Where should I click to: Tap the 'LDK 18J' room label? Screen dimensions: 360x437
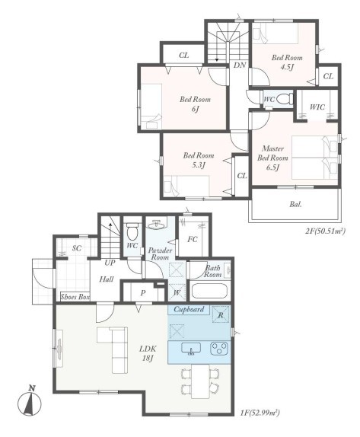pyautogui.click(x=148, y=353)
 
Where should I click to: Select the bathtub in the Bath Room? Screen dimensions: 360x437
pyautogui.click(x=209, y=291)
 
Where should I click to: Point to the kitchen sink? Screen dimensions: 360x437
pyautogui.click(x=191, y=349)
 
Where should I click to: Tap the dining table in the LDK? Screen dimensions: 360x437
pyautogui.click(x=200, y=381)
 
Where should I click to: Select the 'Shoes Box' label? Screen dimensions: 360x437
pyautogui.click(x=75, y=297)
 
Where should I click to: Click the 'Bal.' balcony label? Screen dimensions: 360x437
pyautogui.click(x=295, y=204)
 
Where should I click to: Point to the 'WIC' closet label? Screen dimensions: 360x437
pyautogui.click(x=317, y=107)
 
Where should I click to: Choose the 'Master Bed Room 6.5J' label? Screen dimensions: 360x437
pyautogui.click(x=272, y=158)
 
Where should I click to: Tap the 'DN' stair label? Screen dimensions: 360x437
pyautogui.click(x=240, y=65)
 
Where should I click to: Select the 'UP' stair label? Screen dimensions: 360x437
pyautogui.click(x=110, y=263)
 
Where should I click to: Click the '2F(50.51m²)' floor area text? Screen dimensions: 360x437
pyautogui.click(x=325, y=231)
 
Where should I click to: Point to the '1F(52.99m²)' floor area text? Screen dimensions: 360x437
pyautogui.click(x=260, y=413)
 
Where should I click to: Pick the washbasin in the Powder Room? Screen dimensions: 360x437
pyautogui.click(x=156, y=224)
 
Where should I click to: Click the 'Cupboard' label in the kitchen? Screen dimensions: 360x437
pyautogui.click(x=189, y=309)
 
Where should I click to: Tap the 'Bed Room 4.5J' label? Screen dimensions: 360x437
pyautogui.click(x=287, y=62)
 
